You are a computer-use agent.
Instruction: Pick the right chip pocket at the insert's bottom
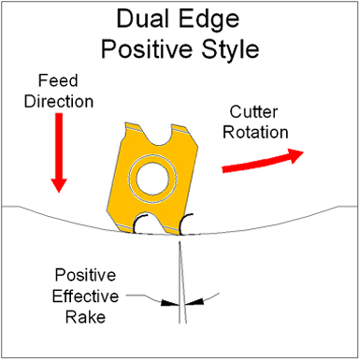point(187,224)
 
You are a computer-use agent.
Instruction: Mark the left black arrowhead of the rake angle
point(167,302)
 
